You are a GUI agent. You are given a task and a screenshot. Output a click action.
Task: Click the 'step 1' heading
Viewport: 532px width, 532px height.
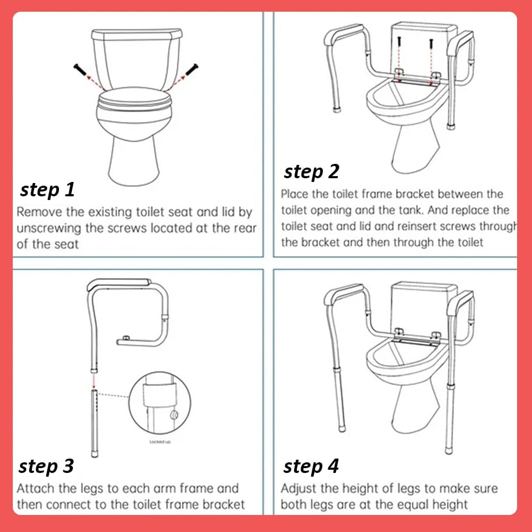click(x=48, y=189)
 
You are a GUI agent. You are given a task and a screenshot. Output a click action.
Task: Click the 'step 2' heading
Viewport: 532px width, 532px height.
click(x=311, y=171)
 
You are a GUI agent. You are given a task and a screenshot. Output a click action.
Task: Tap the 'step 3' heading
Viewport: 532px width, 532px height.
click(x=46, y=466)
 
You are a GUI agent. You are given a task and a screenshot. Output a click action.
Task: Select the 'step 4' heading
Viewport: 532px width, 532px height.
click(x=311, y=466)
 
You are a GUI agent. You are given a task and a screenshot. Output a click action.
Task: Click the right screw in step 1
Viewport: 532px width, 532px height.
click(x=192, y=70)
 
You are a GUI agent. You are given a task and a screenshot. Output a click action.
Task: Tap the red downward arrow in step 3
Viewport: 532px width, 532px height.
click(x=94, y=379)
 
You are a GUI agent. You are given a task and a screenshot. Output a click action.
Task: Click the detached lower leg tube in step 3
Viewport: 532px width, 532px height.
click(x=94, y=420)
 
